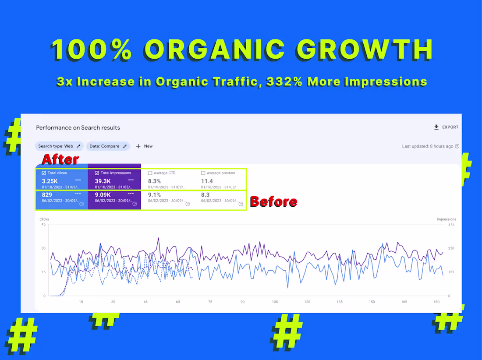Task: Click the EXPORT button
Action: click(446, 127)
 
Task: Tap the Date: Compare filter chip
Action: click(107, 146)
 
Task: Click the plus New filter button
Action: click(144, 146)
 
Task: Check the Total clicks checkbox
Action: click(44, 173)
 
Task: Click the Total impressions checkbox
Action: click(97, 173)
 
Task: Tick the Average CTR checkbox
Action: click(150, 173)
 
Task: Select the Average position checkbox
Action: click(203, 173)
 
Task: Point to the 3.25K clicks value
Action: click(50, 181)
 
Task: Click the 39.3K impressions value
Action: click(103, 181)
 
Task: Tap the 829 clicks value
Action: click(47, 194)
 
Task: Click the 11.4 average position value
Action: click(207, 181)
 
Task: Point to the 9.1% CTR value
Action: click(154, 194)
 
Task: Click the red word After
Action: click(60, 159)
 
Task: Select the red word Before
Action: click(273, 202)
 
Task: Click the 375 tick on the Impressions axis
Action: click(451, 224)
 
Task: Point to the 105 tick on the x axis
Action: click(275, 302)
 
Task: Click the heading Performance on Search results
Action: click(78, 127)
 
